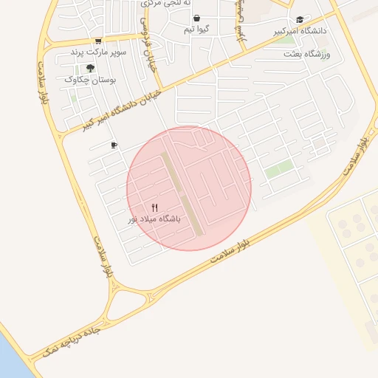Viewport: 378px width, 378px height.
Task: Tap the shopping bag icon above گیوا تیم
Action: tap(196, 18)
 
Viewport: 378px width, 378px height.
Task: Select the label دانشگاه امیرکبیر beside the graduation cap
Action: tap(298, 32)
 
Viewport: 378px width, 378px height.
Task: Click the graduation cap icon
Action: tap(299, 20)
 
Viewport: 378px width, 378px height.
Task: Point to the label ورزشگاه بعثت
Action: tap(307, 55)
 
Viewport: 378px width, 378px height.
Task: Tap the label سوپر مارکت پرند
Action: tap(98, 52)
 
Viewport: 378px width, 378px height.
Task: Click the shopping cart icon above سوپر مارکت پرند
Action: tap(98, 41)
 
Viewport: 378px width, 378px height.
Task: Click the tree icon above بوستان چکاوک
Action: tap(90, 68)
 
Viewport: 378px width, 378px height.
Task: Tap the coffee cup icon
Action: tap(113, 145)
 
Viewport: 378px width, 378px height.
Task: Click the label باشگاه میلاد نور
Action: tap(154, 219)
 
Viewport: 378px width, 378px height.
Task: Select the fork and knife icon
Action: tap(154, 208)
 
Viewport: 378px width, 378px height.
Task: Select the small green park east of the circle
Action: tap(279, 170)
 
